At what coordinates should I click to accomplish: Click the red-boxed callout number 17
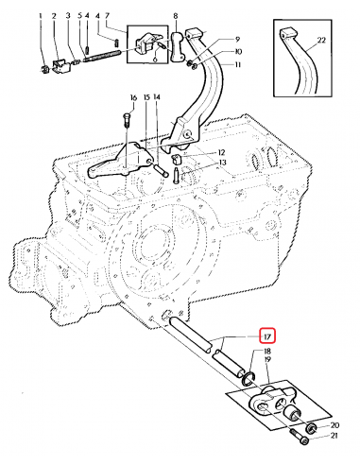(267, 336)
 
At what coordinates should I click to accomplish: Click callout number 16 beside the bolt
(133, 97)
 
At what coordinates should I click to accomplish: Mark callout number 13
(223, 163)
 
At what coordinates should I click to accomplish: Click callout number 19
(267, 360)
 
